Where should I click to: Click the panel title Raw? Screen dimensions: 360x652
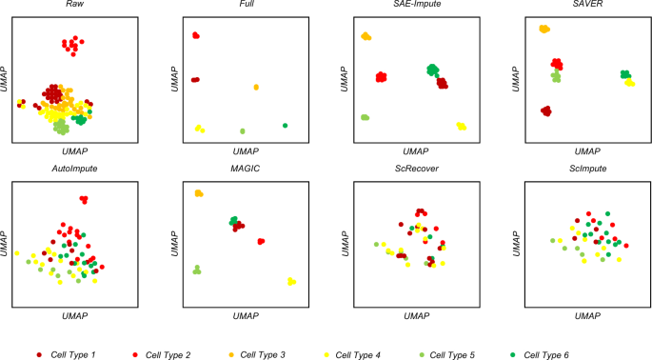click(x=72, y=6)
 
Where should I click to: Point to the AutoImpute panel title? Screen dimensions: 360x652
click(x=72, y=168)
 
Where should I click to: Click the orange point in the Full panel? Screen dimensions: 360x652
click(x=257, y=88)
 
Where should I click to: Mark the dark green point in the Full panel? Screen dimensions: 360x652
click(x=285, y=125)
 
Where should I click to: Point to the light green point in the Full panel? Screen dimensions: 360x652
click(x=243, y=130)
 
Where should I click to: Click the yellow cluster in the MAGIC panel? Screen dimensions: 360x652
click(x=291, y=281)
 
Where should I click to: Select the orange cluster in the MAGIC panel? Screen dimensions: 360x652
click(x=199, y=193)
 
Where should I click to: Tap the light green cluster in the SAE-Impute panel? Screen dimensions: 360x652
click(x=365, y=117)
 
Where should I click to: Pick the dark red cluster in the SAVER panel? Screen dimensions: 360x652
click(x=545, y=111)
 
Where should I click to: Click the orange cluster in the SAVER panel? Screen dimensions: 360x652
click(x=543, y=30)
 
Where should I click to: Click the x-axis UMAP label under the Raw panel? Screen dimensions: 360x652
click(x=72, y=150)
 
